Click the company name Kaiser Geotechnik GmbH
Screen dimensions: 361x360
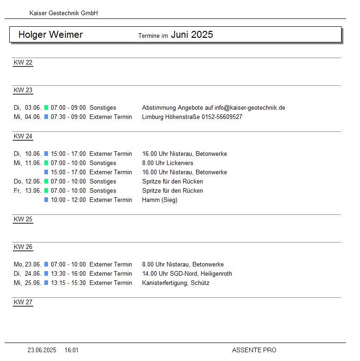pos(63,13)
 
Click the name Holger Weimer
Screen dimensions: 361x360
pos(50,35)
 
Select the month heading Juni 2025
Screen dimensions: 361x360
pos(192,35)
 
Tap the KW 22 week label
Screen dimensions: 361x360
pos(23,63)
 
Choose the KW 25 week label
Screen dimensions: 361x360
pos(23,219)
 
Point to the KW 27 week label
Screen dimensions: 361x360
pos(23,302)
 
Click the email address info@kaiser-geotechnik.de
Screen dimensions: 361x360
pos(250,108)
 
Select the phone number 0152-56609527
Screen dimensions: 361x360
pos(222,117)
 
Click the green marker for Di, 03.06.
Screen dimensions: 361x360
pos(46,108)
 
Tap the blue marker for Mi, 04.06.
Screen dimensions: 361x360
pos(46,117)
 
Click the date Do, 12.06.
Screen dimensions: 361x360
pos(28,182)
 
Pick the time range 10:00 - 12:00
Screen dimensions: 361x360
pos(68,200)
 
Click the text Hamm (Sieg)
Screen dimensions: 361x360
pos(160,200)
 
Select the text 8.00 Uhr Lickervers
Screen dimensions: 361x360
pos(168,163)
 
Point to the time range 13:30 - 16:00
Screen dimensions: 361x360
pos(68,274)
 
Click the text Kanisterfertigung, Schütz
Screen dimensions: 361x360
pos(175,283)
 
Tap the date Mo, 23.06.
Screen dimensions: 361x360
pos(28,265)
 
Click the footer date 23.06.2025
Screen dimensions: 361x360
pos(42,350)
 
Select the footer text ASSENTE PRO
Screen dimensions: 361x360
pos(254,350)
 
